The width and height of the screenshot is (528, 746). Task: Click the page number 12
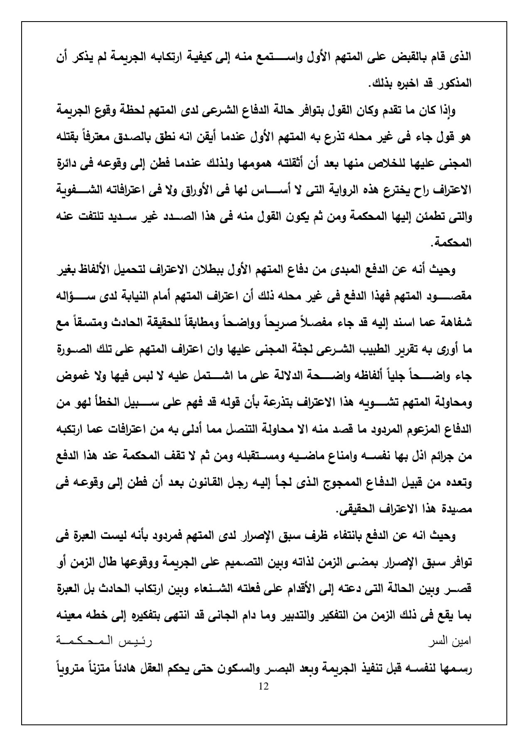click(263, 686)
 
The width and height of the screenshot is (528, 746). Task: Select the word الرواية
click(340, 191)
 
